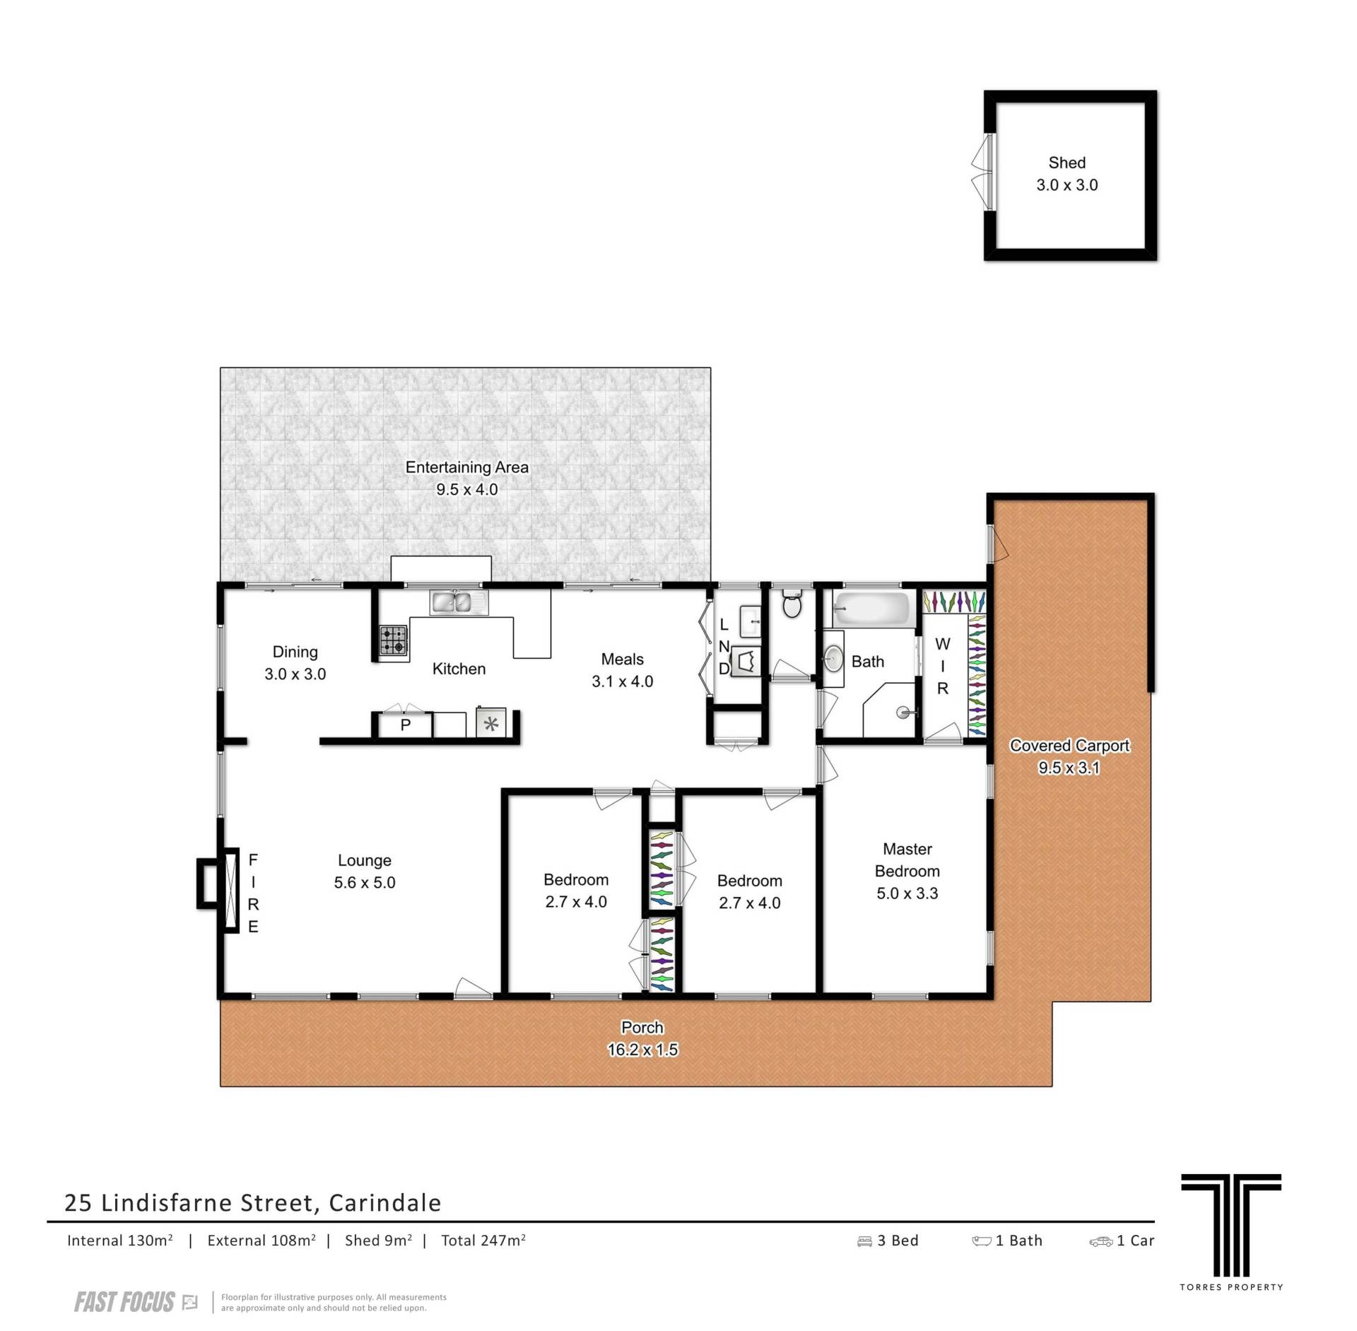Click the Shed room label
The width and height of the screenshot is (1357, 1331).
point(1067,163)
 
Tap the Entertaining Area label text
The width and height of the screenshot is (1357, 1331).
point(466,467)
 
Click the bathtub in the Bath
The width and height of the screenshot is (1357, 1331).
point(871,609)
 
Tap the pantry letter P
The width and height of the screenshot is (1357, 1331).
point(406,725)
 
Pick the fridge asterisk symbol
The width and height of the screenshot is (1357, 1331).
point(491,723)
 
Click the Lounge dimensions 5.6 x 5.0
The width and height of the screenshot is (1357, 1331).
point(365,883)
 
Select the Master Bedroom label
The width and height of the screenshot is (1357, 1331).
point(907,860)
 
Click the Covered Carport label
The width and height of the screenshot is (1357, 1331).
point(1069,746)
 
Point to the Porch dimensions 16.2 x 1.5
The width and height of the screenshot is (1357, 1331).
point(642,1050)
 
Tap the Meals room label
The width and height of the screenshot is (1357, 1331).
point(622,659)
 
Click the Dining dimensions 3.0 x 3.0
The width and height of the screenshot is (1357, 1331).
point(295,674)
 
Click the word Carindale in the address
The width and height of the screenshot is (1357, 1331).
point(385,1202)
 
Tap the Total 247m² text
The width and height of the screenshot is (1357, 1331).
point(483,1241)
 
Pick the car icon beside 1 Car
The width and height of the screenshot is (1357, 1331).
point(1100,1241)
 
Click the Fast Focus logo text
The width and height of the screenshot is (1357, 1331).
point(124,1302)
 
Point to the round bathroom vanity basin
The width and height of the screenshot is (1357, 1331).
point(834,659)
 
